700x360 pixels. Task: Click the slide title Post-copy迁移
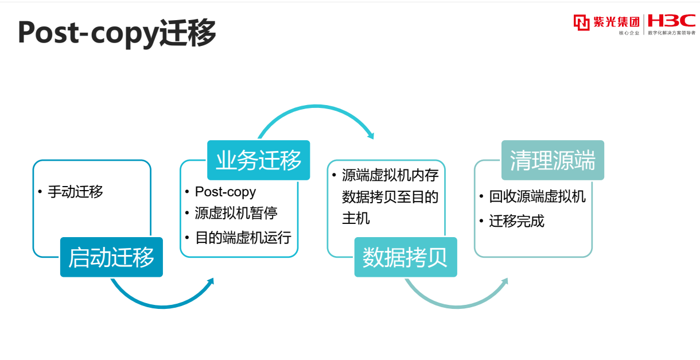coord(117,33)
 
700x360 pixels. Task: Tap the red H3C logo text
coord(671,21)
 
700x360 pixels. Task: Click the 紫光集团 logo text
coord(616,22)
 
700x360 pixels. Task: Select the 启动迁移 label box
coord(111,257)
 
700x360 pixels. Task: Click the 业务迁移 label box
coord(258,160)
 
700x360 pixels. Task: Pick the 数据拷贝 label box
coord(406,257)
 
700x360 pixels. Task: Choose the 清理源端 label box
coord(553,160)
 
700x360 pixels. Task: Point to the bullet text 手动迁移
coord(75,192)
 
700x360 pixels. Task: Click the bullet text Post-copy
coord(225,192)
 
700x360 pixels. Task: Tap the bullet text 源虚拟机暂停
coord(236,214)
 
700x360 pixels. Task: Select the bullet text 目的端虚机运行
coord(243,238)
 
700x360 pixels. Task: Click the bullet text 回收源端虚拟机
coord(538,197)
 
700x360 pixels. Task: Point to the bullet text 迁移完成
coord(517,221)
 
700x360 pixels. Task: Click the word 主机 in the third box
coord(356,218)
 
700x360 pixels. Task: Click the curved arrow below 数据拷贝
coord(457,307)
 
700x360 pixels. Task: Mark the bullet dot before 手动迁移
coord(40,192)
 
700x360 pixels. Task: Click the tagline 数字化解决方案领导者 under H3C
coord(671,33)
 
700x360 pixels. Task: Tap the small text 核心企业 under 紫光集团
coord(629,33)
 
